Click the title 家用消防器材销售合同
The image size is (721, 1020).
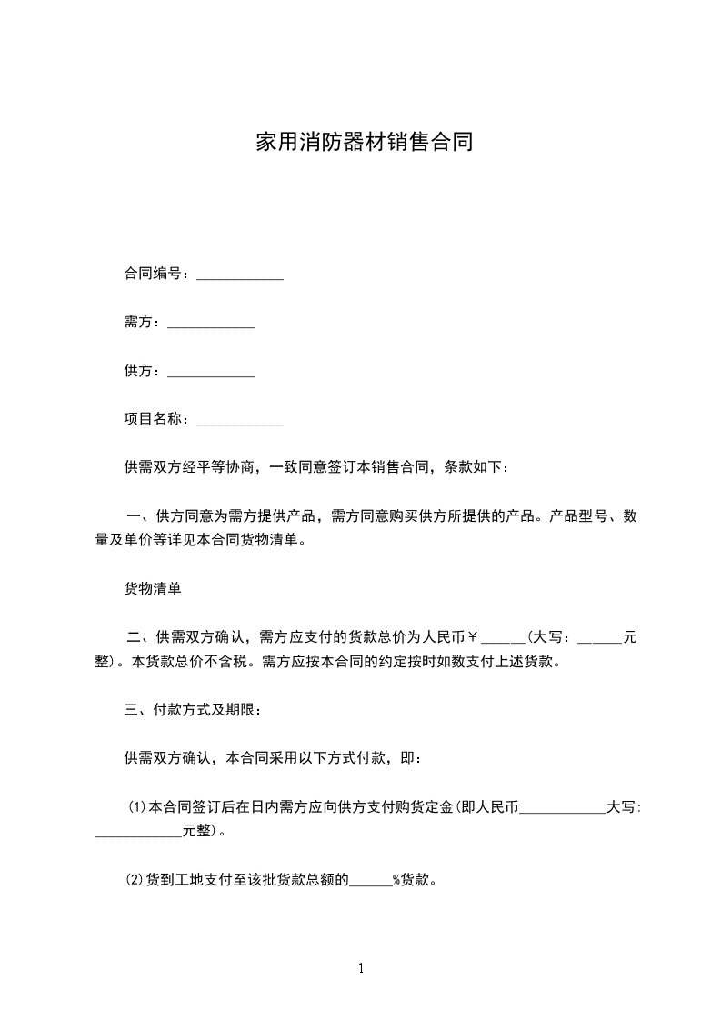coord(364,143)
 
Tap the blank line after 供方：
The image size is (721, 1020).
coord(211,373)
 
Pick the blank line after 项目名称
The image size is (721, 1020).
coord(240,421)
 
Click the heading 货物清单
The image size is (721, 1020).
coord(153,589)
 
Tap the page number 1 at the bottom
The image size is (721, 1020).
coord(361,968)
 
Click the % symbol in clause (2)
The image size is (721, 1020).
coord(396,880)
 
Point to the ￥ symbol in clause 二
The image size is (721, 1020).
coord(484,637)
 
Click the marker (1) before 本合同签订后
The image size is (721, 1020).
coord(136,807)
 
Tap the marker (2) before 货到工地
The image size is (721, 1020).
coord(135,880)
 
